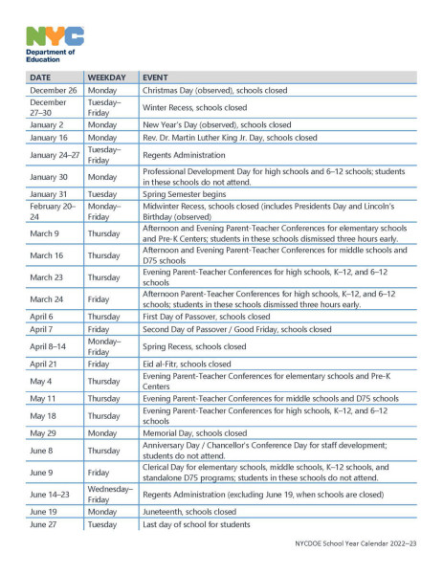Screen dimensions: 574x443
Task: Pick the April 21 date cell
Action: coord(44,364)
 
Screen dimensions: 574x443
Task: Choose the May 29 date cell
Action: coord(43,433)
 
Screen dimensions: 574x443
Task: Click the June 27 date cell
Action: coord(44,524)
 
